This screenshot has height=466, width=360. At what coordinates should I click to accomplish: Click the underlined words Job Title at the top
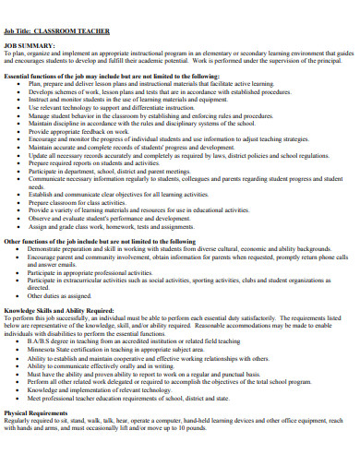coord(21,31)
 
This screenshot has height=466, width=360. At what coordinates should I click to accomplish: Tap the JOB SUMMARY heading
coord(28,44)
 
